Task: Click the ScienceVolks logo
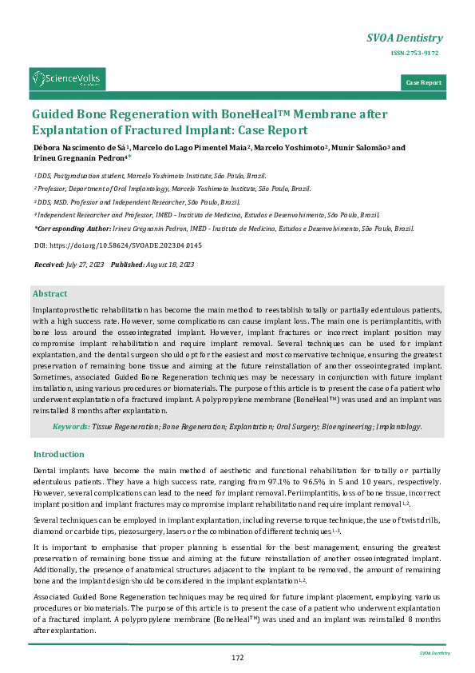67,79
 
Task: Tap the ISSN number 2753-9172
414,54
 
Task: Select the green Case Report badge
423,83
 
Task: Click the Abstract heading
49,294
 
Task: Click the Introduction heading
59,454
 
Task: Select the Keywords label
71,427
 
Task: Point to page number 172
237,657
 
